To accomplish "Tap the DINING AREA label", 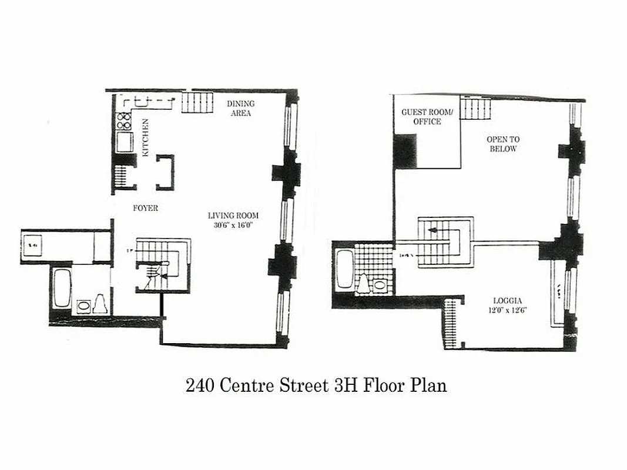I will pos(241,108).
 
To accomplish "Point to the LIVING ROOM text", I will pos(233,216).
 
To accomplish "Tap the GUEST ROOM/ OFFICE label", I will pos(427,116).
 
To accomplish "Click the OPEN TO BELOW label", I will pos(503,144).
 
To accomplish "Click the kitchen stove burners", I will pos(125,120).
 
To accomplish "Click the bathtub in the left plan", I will pos(62,287).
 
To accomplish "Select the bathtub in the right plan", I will pos(344,269).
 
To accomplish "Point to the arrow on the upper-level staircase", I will pos(433,230).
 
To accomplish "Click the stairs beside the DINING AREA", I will pos(196,103).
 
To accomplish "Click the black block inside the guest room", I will pos(405,151).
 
